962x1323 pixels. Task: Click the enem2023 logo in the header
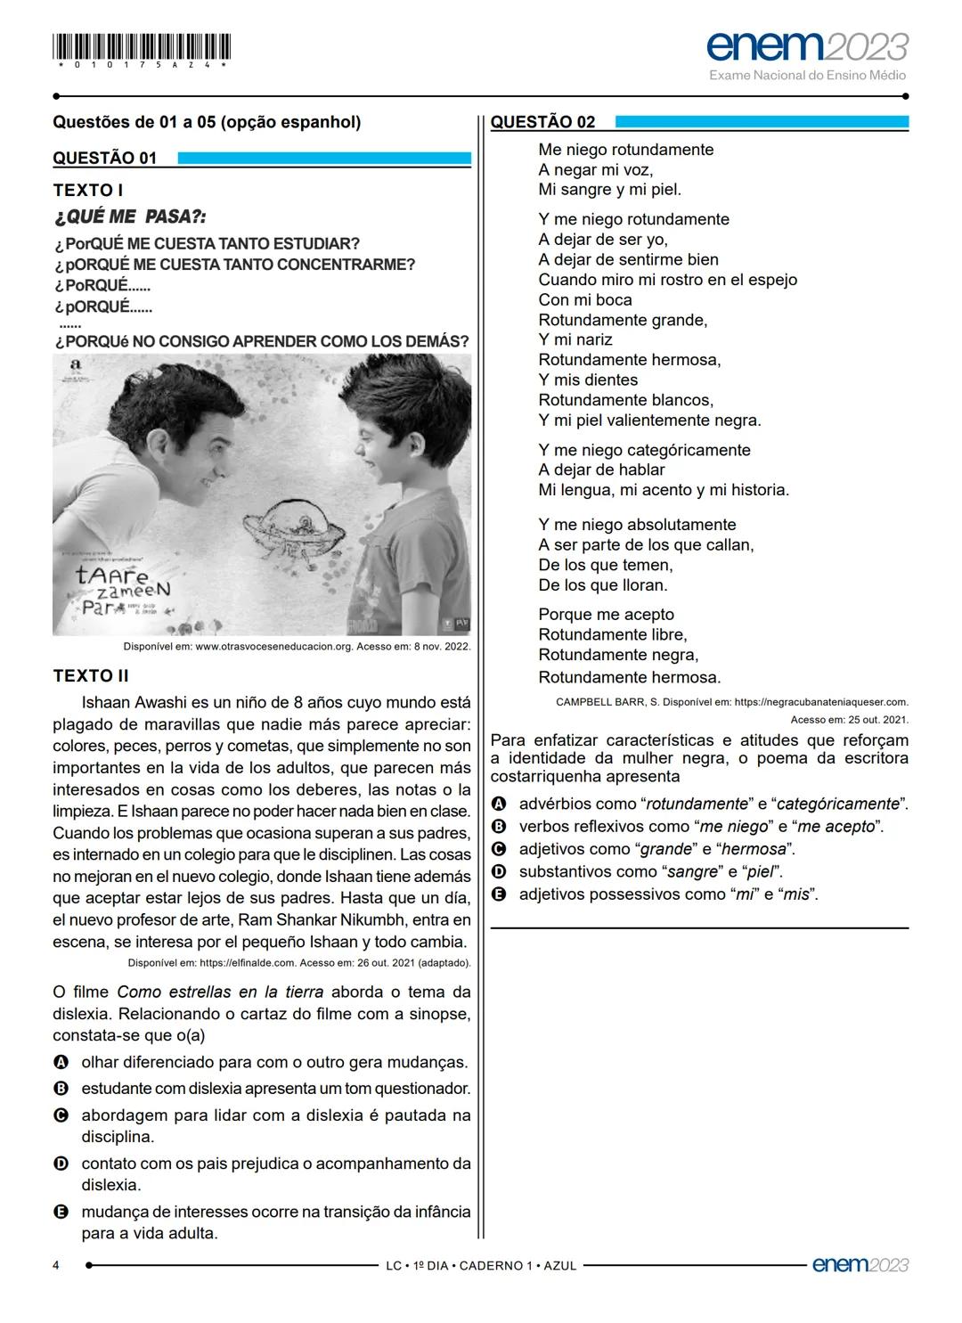tap(807, 46)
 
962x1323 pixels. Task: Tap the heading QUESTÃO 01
tap(105, 159)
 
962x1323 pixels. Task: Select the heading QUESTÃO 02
tap(542, 122)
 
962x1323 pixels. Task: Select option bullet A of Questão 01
tap(61, 1062)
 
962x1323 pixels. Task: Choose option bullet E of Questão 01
tap(61, 1212)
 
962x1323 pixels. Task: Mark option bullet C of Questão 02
tap(499, 849)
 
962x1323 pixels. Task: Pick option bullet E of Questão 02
tap(499, 894)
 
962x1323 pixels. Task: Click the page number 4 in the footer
tap(57, 1265)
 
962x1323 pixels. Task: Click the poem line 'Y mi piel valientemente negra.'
tap(649, 421)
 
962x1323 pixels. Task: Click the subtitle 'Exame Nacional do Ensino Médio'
tap(807, 76)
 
